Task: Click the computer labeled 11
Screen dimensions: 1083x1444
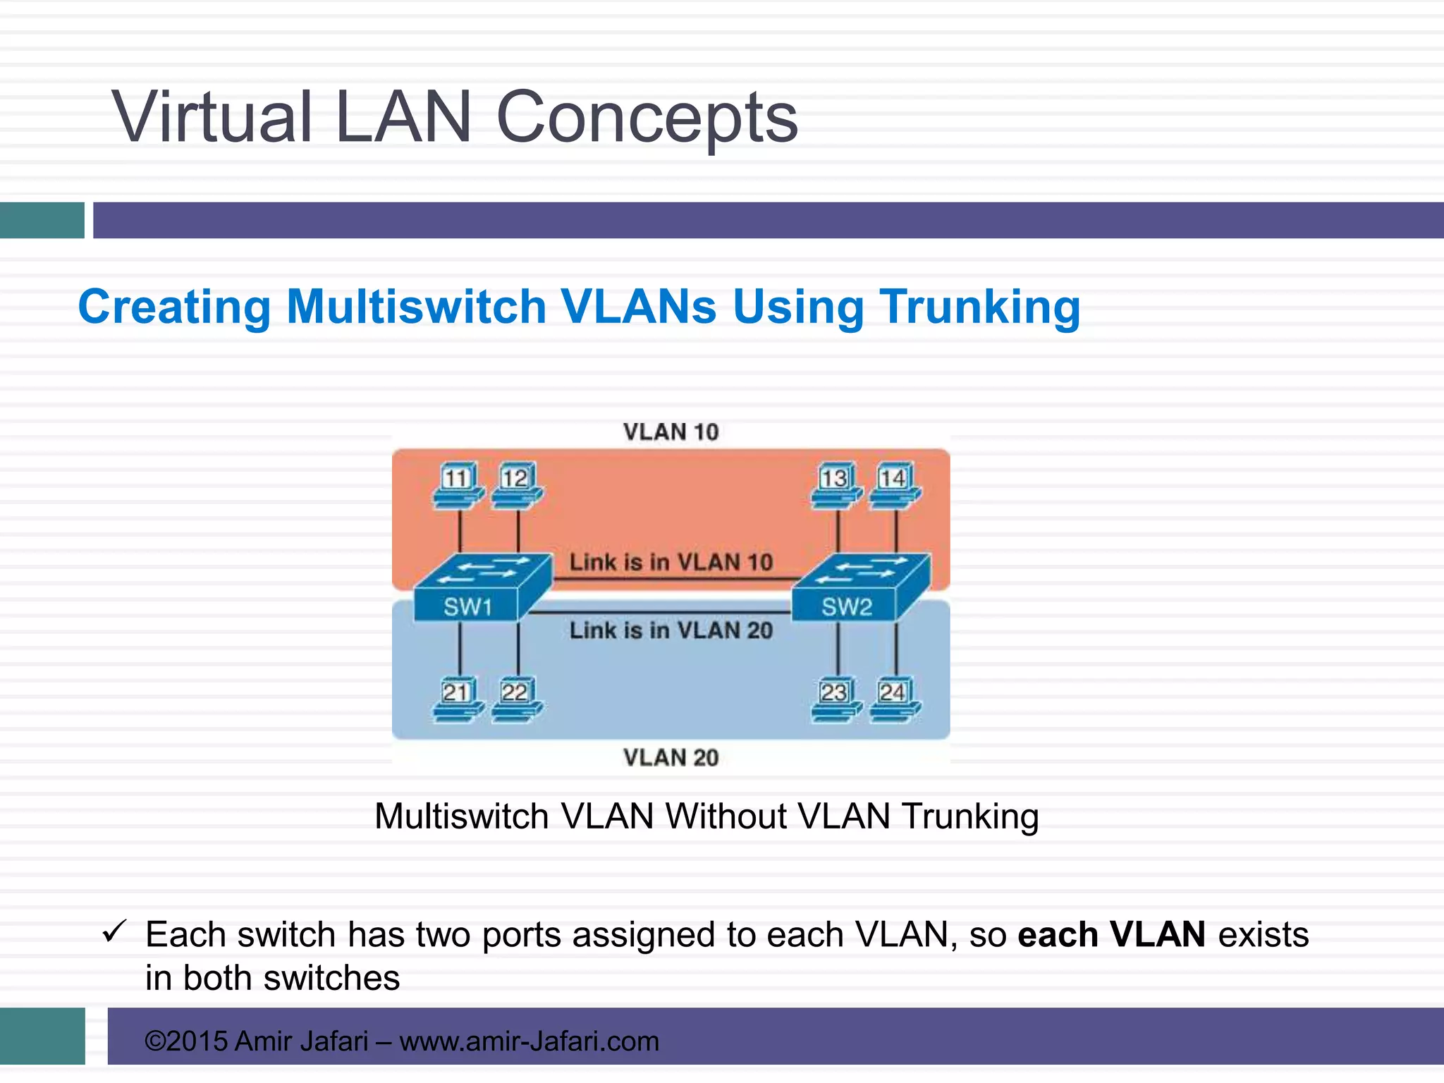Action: (458, 485)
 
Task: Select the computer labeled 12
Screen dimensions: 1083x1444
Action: (517, 485)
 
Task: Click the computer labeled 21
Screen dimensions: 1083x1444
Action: (458, 699)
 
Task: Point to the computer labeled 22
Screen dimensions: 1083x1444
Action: (517, 699)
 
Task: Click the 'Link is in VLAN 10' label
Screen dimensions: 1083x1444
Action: (671, 562)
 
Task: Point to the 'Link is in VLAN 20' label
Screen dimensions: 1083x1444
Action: (671, 630)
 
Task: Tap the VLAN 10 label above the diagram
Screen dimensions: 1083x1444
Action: (671, 432)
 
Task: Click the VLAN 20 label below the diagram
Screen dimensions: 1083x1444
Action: (671, 757)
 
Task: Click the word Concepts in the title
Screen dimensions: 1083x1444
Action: (647, 117)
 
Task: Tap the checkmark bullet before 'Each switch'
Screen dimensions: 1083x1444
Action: (114, 932)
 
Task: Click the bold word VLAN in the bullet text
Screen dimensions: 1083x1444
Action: (1157, 935)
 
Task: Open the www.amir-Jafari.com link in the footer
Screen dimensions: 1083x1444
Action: (529, 1041)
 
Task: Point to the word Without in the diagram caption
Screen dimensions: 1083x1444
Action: (726, 816)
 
